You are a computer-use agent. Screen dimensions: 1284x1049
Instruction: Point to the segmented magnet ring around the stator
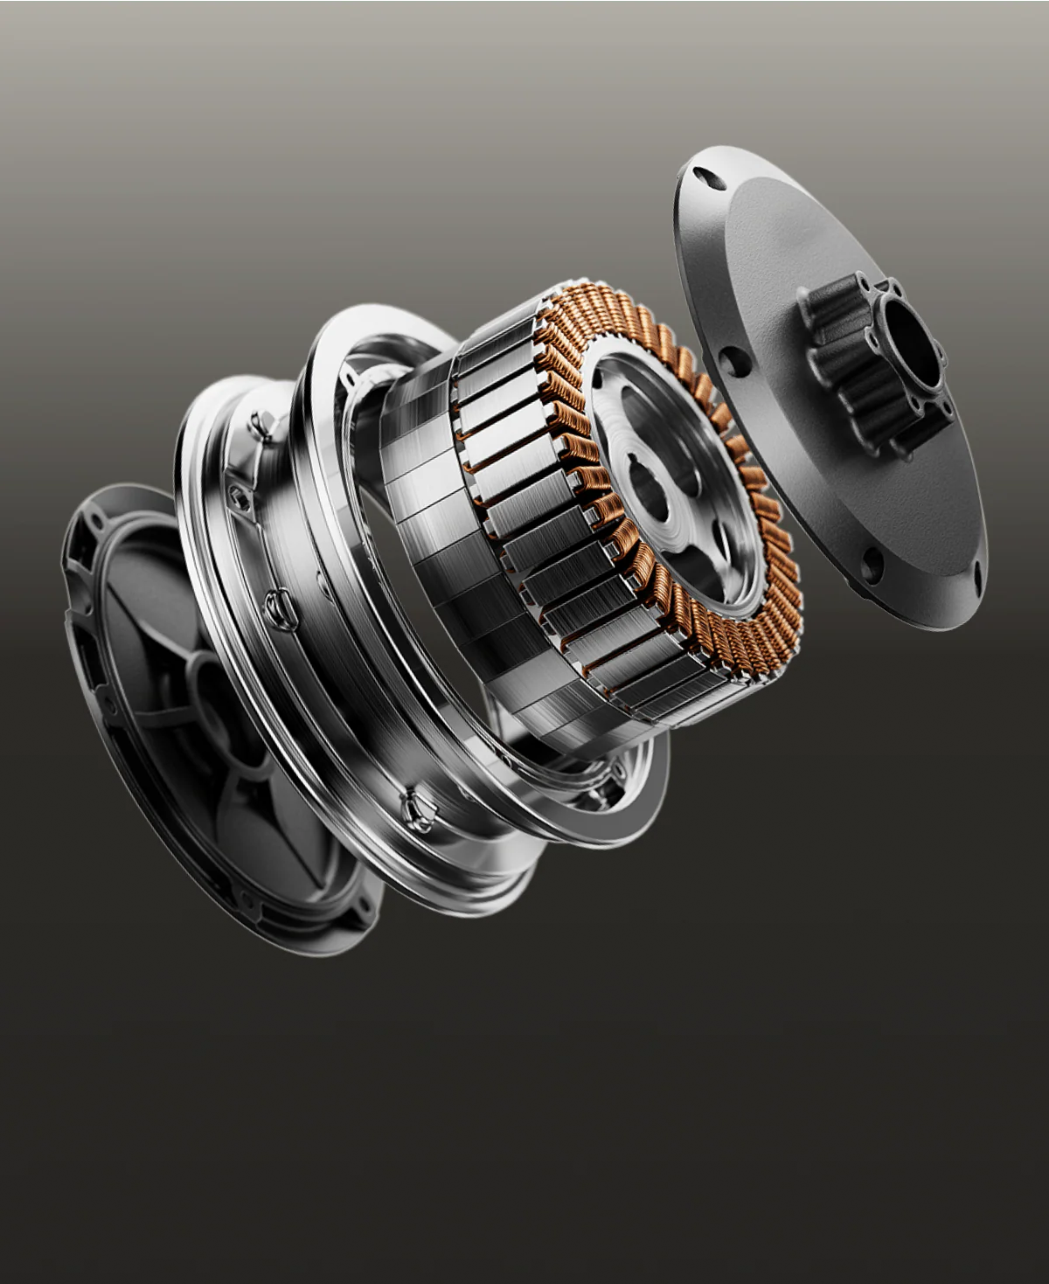coord(490,524)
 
